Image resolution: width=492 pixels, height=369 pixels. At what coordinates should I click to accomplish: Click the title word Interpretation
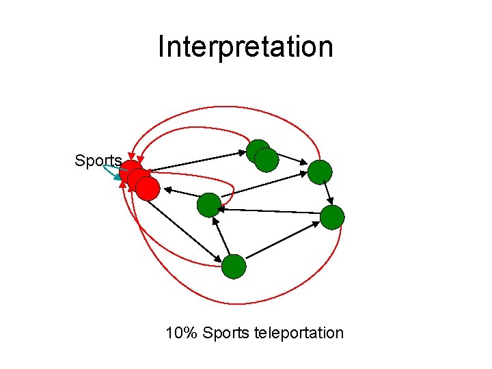[x=245, y=47]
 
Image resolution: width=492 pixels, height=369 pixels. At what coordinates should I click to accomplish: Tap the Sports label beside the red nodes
[x=98, y=161]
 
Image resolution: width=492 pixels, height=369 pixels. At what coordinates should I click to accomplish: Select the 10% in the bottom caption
[x=182, y=333]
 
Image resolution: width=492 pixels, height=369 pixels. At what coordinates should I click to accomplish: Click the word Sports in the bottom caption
[x=227, y=333]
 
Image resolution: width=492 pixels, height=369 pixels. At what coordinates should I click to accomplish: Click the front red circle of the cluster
[x=148, y=188]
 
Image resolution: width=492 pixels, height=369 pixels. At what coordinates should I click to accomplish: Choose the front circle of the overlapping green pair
[x=266, y=160]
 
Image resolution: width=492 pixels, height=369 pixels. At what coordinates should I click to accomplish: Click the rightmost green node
[x=332, y=217]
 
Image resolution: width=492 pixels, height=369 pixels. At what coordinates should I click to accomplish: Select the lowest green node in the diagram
[x=234, y=266]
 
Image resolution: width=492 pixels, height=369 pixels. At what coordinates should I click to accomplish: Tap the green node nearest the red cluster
[x=209, y=204]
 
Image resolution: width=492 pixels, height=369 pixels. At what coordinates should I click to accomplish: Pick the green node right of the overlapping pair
[x=320, y=172]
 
